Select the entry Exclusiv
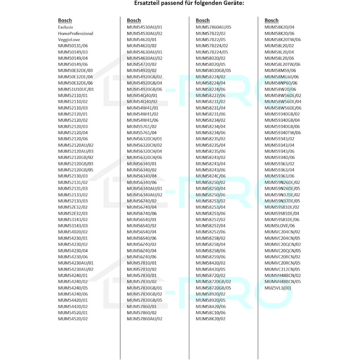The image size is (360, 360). click(66, 27)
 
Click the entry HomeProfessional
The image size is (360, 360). click(76, 33)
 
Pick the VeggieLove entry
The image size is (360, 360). click(69, 39)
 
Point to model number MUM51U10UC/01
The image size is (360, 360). click(76, 89)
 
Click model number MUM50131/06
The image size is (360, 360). click(73, 45)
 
